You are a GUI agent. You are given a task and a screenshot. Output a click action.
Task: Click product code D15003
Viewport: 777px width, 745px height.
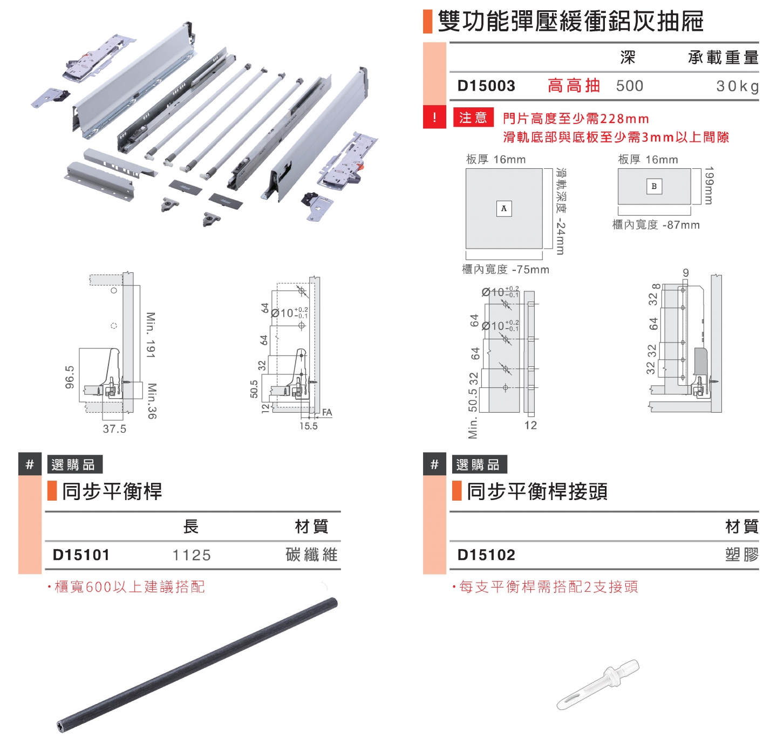click(x=486, y=86)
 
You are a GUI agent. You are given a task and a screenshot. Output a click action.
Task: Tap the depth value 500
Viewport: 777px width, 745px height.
click(x=630, y=86)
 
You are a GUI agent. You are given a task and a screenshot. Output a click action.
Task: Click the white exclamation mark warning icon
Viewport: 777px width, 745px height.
click(x=434, y=117)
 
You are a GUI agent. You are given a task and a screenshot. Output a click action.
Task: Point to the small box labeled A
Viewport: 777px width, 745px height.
click(x=503, y=208)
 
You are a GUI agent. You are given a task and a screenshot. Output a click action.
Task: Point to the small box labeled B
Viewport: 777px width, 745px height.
click(x=654, y=186)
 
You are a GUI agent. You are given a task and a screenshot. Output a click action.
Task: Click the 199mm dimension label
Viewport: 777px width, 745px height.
click(x=708, y=185)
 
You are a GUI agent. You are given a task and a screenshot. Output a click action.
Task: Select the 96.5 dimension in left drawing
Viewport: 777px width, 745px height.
click(x=70, y=377)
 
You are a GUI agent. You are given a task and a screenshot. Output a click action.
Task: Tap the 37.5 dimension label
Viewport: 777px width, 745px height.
click(x=114, y=429)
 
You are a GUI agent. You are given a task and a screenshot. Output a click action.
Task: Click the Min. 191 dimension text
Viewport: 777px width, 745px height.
click(x=151, y=334)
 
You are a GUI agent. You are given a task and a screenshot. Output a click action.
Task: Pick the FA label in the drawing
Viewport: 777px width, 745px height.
click(x=327, y=413)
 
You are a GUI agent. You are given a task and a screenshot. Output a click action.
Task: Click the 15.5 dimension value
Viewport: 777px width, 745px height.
click(x=309, y=426)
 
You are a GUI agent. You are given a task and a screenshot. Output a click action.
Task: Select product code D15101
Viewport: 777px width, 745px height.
click(x=81, y=555)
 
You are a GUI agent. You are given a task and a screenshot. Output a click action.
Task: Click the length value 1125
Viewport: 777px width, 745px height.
click(x=192, y=555)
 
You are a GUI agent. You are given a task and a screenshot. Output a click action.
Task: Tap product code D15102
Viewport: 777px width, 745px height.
click(x=486, y=555)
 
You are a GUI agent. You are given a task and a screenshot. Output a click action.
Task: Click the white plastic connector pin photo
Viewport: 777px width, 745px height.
click(x=598, y=684)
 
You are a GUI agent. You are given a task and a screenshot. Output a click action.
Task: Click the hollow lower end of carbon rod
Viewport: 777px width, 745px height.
click(x=60, y=726)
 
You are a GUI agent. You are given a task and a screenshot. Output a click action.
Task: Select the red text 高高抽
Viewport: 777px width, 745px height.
click(x=574, y=86)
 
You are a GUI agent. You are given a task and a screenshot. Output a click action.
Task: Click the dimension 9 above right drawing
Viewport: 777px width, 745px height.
click(x=685, y=273)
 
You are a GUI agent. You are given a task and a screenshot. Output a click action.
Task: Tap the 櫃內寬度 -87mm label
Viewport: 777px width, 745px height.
click(x=656, y=225)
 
